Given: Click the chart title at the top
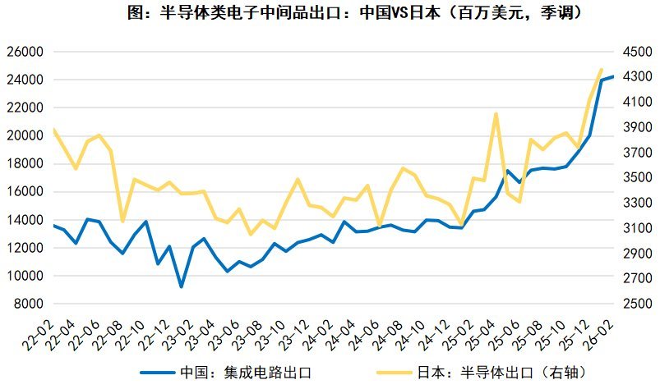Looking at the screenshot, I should pyautogui.click(x=330, y=14).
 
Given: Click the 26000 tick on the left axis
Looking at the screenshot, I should pyautogui.click(x=24, y=52).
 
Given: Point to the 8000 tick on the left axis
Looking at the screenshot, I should pyautogui.click(x=27, y=304).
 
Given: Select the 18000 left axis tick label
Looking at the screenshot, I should pyautogui.click(x=24, y=164).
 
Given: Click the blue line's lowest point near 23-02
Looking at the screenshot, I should pyautogui.click(x=181, y=286).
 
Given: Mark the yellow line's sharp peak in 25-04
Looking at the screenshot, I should pyautogui.click(x=496, y=114).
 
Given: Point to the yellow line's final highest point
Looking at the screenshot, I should pyautogui.click(x=601, y=70).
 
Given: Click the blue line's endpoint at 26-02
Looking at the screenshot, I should pyautogui.click(x=612, y=76).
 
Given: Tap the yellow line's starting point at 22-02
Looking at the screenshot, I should pyautogui.click(x=53, y=130).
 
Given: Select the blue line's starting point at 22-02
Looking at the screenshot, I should pyautogui.click(x=53, y=226).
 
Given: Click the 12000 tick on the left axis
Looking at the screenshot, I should pyautogui.click(x=24, y=248).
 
